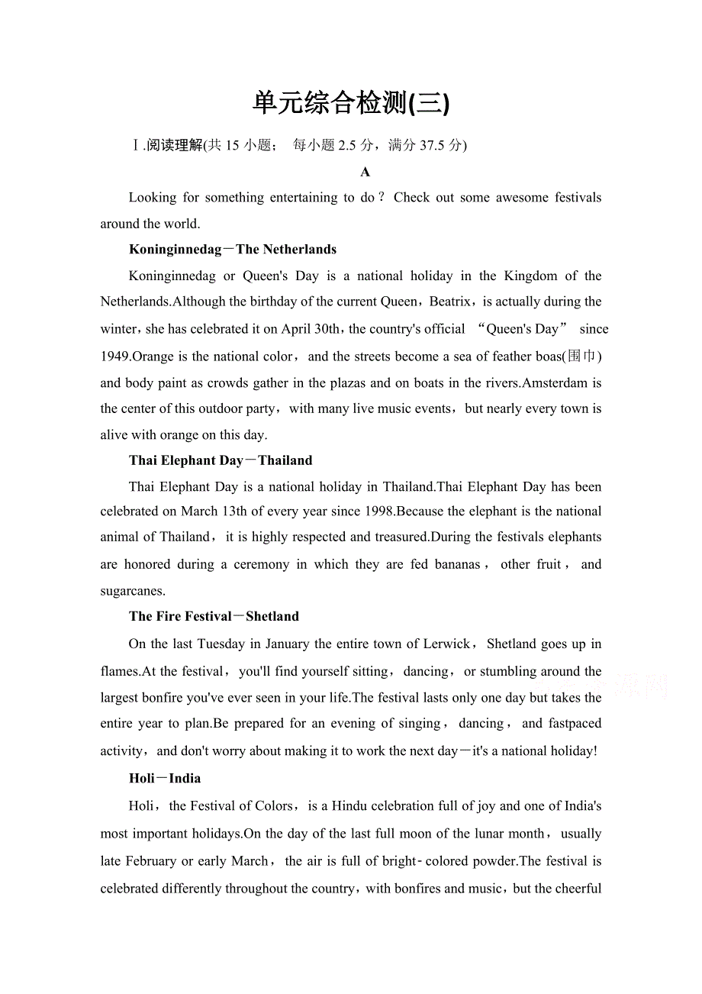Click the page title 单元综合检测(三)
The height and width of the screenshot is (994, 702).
[x=351, y=103]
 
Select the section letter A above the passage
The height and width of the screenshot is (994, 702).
[x=365, y=172]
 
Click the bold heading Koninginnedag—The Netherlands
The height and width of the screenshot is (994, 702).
[x=233, y=249]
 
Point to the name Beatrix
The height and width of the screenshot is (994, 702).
[x=453, y=302]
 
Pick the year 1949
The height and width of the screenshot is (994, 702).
[x=115, y=357]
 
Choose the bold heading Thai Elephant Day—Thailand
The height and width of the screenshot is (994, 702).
[x=221, y=460]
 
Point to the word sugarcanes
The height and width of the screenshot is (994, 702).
[x=132, y=591]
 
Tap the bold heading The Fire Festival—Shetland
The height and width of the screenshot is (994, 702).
[x=214, y=616]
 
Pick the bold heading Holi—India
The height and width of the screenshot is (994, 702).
[x=165, y=778]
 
